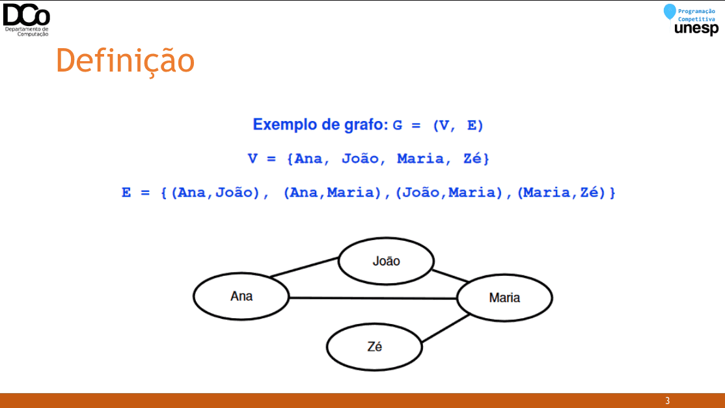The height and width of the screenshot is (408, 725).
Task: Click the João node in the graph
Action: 386,261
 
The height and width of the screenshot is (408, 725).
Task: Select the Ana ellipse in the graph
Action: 241,296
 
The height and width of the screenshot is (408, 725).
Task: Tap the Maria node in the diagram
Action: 504,297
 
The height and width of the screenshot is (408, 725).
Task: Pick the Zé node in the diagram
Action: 374,347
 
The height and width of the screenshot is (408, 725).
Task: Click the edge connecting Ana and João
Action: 304,267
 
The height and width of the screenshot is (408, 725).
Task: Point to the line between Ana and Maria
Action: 373,298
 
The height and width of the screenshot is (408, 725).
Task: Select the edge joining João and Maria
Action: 450,276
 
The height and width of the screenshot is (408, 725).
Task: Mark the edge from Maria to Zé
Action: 446,329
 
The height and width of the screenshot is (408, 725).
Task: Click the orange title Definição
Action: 126,61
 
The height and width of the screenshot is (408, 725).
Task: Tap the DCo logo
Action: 26,20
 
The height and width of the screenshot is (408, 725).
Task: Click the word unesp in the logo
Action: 696,29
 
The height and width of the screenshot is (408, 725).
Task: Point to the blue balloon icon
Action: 670,12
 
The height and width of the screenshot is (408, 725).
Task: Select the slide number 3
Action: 667,401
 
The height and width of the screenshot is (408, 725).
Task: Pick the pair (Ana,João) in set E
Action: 215,192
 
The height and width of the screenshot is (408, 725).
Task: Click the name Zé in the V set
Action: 472,159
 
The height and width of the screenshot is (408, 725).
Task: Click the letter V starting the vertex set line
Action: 253,159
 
